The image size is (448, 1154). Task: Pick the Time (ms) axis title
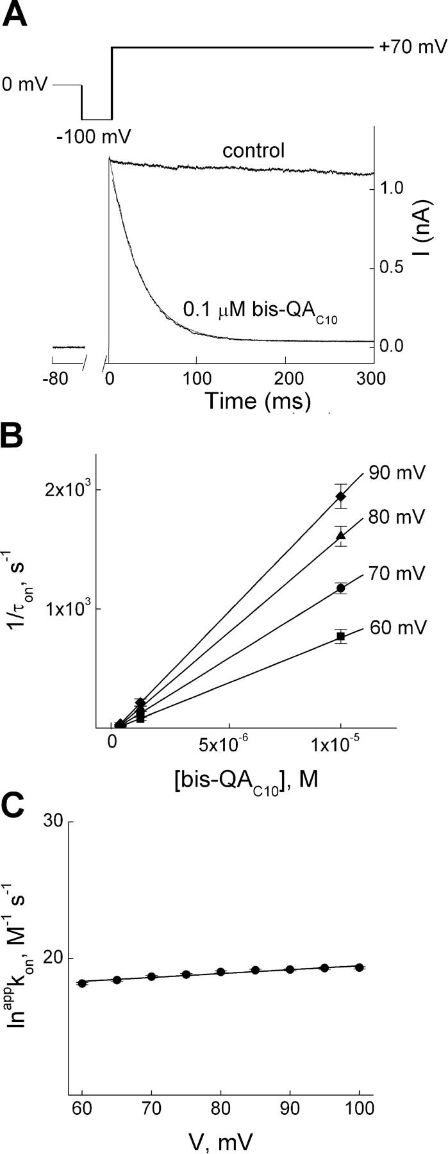(x=258, y=401)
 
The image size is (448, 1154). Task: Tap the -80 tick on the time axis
(x=63, y=378)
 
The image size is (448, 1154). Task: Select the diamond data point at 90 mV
(x=341, y=496)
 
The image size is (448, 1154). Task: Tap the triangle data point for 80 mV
(x=341, y=535)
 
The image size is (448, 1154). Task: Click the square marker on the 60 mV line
(x=341, y=636)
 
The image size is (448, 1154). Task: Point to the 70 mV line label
(x=396, y=573)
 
